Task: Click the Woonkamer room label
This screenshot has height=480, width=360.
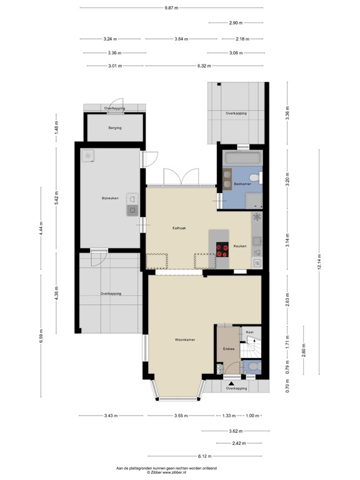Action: point(186,339)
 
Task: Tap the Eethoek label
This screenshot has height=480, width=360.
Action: point(179,229)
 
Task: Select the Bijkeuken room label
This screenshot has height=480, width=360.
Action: point(110,199)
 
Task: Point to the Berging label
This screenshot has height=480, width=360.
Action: point(114,127)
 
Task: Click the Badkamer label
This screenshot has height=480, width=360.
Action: point(242,184)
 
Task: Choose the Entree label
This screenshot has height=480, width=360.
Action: point(228,349)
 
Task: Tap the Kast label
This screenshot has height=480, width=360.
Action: point(249,331)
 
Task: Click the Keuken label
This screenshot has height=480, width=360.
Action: point(240,246)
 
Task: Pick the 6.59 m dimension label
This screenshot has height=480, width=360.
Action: point(41,336)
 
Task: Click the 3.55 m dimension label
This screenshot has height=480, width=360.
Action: point(181,416)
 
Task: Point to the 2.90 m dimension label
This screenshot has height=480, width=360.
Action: point(235,23)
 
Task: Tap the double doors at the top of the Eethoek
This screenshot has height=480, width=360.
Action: point(179,178)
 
